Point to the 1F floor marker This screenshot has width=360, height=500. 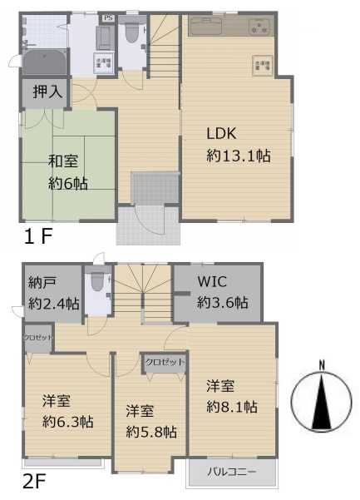(37, 235)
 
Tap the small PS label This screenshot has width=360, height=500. (108, 17)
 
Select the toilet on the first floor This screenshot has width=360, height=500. (131, 33)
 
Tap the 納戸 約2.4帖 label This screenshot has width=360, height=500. (47, 294)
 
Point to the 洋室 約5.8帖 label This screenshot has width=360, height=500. (150, 422)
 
